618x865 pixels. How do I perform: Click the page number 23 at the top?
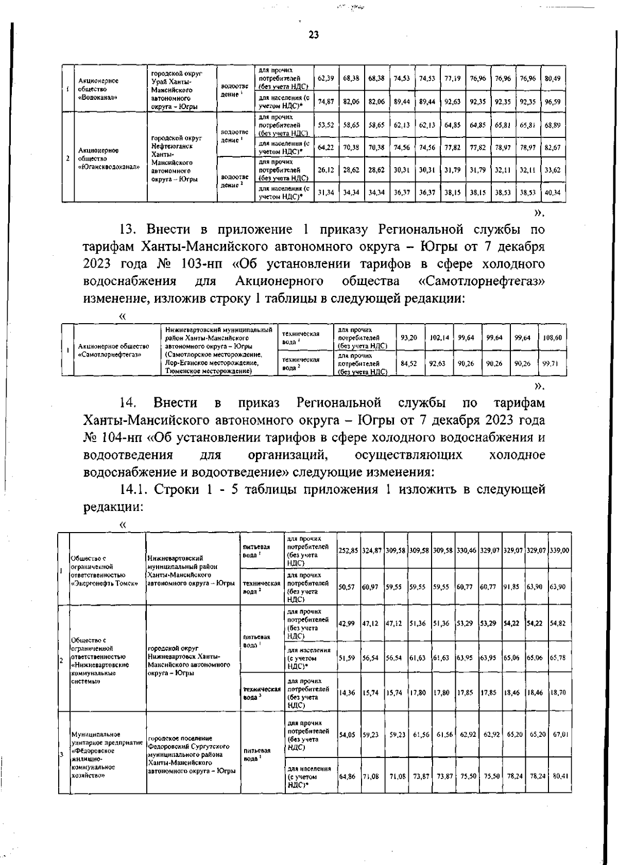313,35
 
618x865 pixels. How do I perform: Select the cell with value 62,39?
325,79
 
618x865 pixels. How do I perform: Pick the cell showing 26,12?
325,170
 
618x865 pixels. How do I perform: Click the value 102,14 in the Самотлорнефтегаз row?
439,338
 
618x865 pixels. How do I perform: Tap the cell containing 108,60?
553,338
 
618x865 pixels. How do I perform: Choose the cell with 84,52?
409,363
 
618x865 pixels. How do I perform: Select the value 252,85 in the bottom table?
349,550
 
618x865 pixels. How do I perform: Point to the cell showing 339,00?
559,550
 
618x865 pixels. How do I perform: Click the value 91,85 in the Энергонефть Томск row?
512,587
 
